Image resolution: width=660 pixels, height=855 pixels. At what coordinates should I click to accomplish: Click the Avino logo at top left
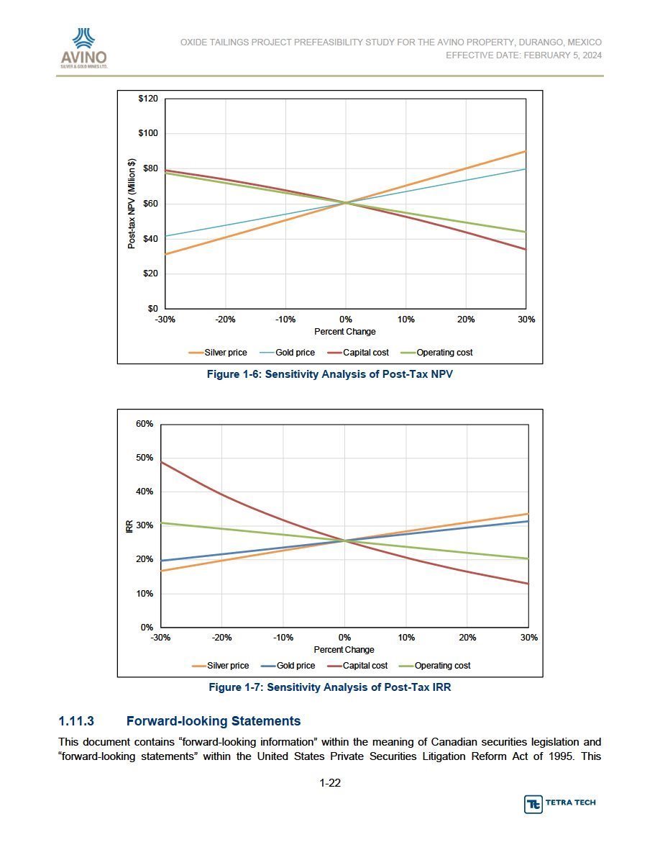point(84,48)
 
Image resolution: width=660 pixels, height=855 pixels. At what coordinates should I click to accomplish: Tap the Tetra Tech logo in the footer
point(560,804)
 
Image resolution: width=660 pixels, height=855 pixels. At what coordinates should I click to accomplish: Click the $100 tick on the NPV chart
point(148,133)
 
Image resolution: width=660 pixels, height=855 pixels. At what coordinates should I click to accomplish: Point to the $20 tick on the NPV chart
point(150,273)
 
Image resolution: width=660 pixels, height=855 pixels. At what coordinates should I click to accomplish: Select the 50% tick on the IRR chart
point(145,458)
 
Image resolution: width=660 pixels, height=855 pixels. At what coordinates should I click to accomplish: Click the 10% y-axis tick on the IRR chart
point(145,593)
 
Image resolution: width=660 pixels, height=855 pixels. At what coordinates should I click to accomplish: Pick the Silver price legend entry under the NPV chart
point(218,352)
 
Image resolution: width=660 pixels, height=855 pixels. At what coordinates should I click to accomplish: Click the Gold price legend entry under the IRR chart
point(288,665)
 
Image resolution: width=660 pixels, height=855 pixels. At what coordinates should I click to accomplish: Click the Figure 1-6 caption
point(329,374)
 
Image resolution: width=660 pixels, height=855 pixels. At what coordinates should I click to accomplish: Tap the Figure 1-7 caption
point(330,687)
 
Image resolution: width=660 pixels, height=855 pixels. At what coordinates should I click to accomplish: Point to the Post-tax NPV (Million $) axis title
point(132,204)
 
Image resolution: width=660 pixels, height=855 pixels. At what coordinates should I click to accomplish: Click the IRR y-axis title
point(130,526)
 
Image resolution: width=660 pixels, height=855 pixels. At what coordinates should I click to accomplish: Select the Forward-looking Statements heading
point(214,721)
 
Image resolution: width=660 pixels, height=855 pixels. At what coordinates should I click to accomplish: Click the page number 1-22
point(330,783)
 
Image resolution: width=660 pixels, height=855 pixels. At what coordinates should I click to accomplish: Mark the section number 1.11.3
point(76,721)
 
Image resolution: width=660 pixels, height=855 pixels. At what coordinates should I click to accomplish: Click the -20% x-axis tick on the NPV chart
point(226,320)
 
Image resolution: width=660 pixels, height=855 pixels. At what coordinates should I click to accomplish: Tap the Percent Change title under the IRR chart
point(344,649)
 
